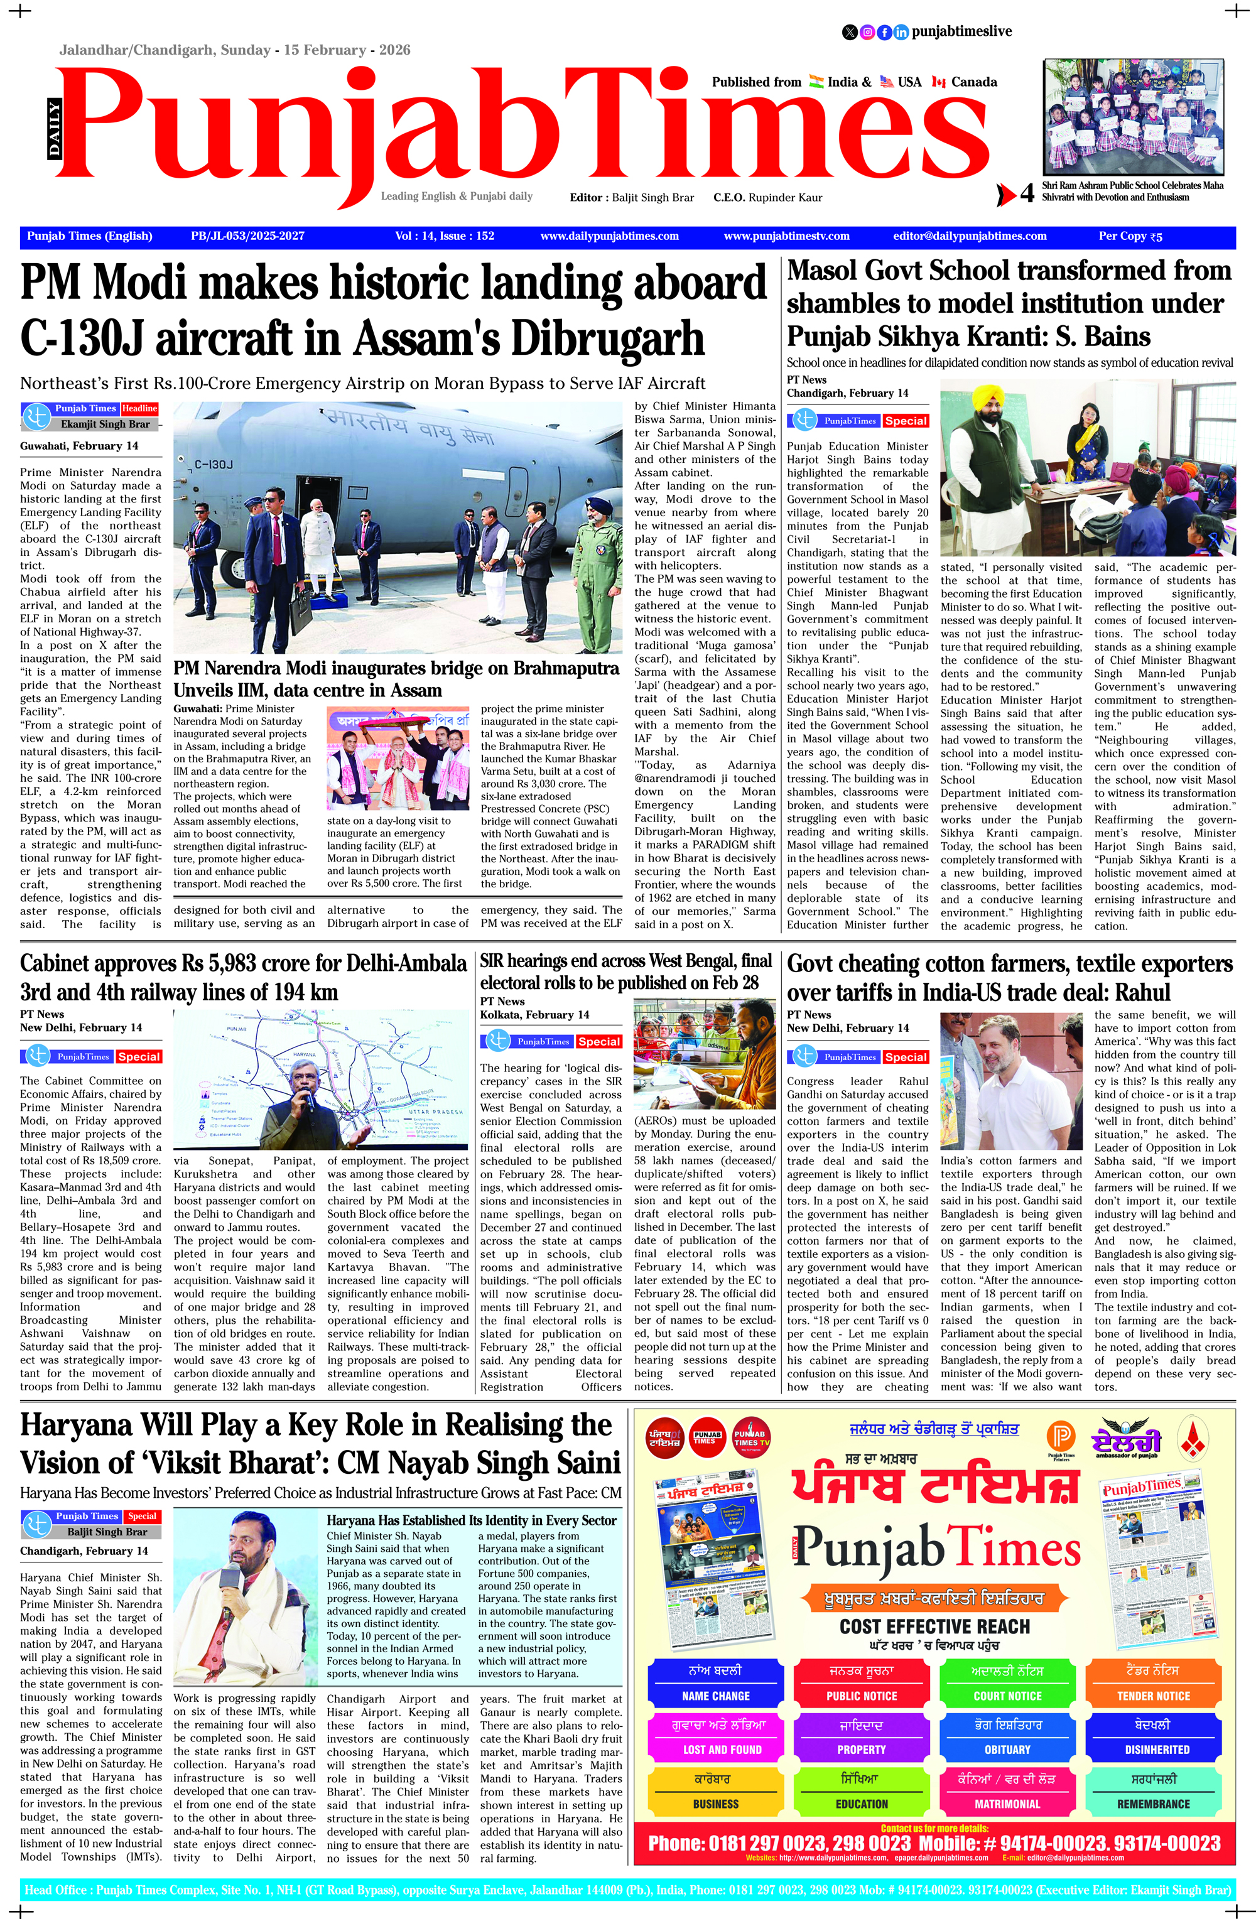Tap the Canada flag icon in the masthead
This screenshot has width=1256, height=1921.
(938, 82)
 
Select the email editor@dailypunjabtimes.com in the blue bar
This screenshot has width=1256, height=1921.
(970, 235)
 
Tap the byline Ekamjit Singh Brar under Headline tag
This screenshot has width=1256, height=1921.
(105, 424)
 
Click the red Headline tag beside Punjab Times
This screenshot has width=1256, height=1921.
(139, 408)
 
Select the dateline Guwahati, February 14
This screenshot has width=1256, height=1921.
(79, 445)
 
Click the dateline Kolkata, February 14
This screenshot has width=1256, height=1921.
(534, 1015)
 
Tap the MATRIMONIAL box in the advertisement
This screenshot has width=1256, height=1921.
(1007, 1803)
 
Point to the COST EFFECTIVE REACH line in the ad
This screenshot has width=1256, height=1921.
(934, 1626)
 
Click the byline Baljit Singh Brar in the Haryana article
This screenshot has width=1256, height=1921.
(107, 1531)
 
